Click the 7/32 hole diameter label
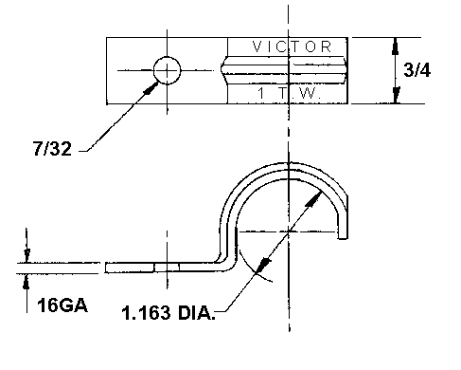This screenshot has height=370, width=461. click(52, 148)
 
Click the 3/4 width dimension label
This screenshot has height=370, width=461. click(417, 69)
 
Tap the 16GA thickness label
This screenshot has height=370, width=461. click(62, 305)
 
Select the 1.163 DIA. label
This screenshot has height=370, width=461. click(168, 313)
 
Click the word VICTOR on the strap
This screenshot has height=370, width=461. click(292, 46)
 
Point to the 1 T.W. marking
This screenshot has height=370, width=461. click(290, 93)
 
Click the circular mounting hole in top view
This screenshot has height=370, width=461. click(168, 70)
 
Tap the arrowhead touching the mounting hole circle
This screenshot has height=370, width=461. click(151, 87)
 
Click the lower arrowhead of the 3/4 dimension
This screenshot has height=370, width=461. click(396, 95)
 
